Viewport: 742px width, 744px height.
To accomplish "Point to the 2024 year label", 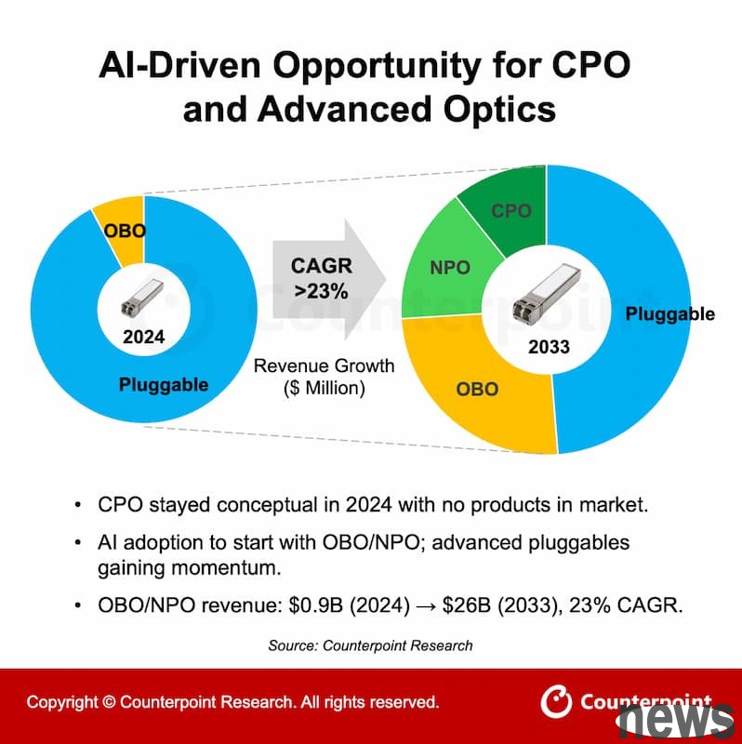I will pyautogui.click(x=143, y=337).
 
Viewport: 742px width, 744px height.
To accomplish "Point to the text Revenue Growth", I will pyautogui.click(x=324, y=366).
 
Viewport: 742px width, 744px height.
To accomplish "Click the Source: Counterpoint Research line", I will pyautogui.click(x=370, y=644).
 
